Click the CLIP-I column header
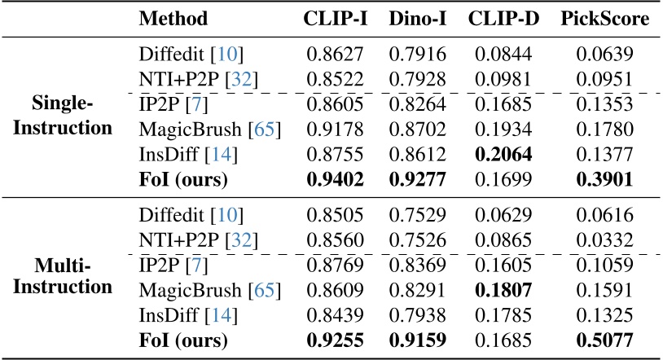(x=336, y=20)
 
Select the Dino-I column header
(x=416, y=20)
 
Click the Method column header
(x=173, y=20)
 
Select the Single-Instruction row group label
(x=72, y=116)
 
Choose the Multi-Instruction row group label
(x=72, y=277)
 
